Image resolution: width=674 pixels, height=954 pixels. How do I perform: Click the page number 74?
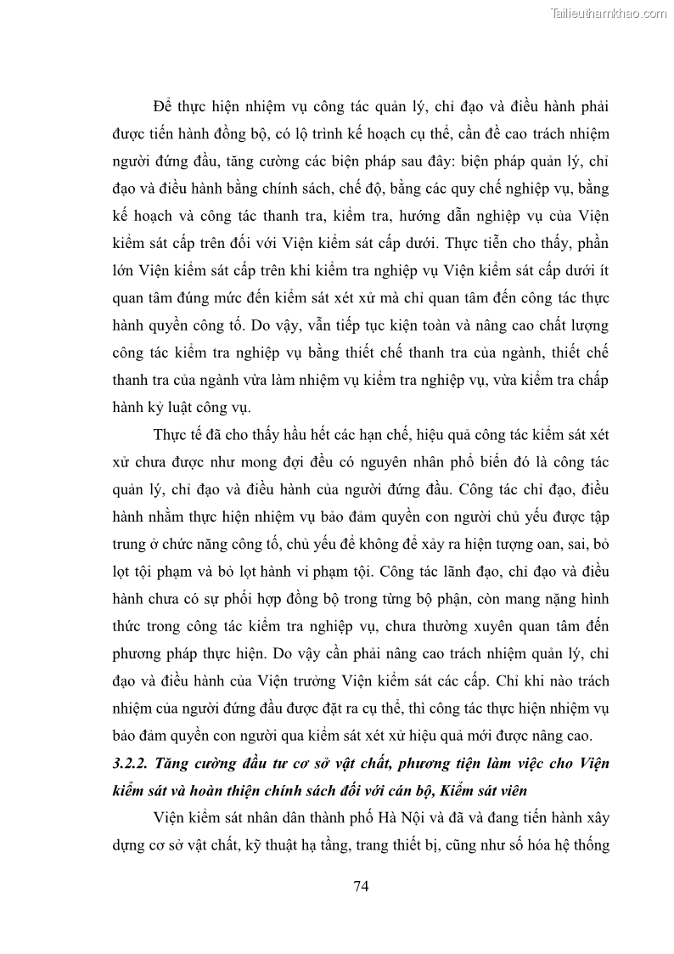point(360,887)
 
